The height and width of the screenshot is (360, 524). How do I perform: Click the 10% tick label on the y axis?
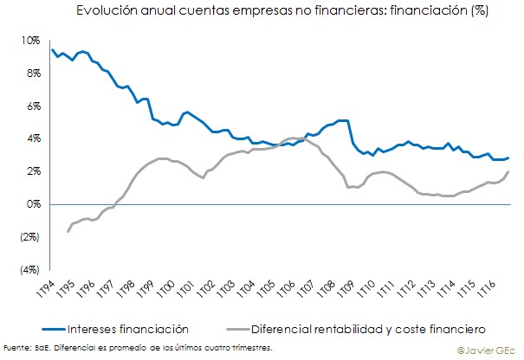tap(30, 41)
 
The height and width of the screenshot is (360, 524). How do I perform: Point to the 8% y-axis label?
tap(32, 74)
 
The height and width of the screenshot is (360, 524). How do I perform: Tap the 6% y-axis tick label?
tap(32, 106)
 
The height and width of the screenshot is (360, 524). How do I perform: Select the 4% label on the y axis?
tap(32, 138)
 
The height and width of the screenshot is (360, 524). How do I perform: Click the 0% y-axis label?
tap(32, 204)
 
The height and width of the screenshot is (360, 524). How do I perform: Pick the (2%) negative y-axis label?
tap(29, 236)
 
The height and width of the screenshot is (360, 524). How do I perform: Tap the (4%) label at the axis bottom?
tap(29, 269)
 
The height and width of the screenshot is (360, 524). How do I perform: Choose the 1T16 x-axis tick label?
tap(484, 289)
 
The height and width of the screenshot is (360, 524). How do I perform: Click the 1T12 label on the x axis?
tap(404, 289)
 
